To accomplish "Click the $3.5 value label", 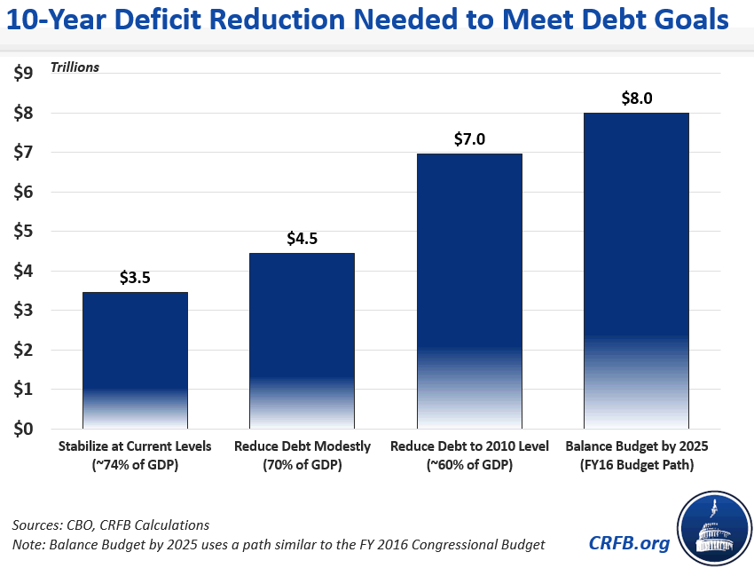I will click(x=135, y=278).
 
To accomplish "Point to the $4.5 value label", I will click(x=302, y=239).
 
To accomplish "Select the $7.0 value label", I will click(x=469, y=139).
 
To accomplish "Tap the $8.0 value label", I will click(x=636, y=99).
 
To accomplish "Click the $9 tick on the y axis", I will click(x=23, y=74).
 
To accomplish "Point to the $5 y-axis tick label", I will click(x=23, y=232).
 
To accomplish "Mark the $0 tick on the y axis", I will click(x=23, y=429).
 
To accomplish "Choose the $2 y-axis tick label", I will click(x=23, y=350).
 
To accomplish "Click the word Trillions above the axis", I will click(x=75, y=67).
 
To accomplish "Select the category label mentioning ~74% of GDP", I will click(x=135, y=454).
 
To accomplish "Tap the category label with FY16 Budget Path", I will click(x=636, y=454).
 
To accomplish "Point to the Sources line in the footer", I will click(x=112, y=525).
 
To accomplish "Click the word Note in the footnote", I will click(x=28, y=543).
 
